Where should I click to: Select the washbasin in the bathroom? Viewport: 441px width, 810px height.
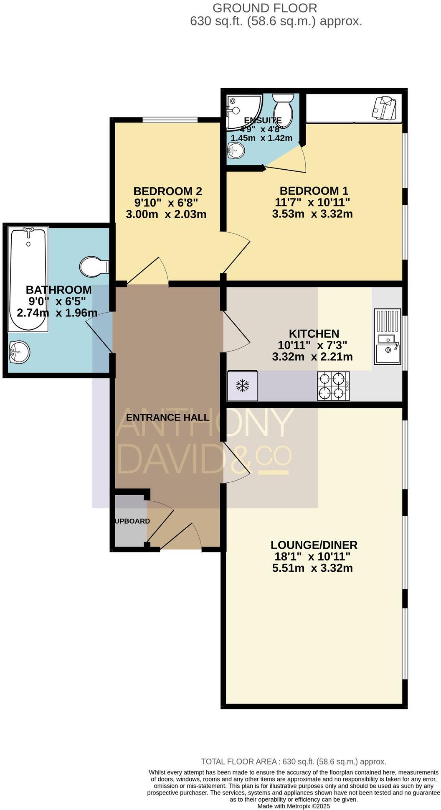pos(19,352)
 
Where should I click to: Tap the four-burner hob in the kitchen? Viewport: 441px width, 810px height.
pos(333,386)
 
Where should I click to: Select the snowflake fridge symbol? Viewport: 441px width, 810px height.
pos(242,386)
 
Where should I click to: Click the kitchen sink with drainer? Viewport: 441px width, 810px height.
pos(387,336)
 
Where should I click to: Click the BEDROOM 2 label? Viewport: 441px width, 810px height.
pos(167,191)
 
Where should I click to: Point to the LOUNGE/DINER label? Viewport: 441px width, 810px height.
pos(314,545)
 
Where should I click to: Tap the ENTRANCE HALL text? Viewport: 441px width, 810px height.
pos(167,417)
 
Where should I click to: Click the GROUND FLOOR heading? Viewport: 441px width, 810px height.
pos(265,8)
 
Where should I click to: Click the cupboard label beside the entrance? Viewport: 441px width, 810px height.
pos(132,521)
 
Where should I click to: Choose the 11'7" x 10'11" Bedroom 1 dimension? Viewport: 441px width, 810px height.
pos(312,203)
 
